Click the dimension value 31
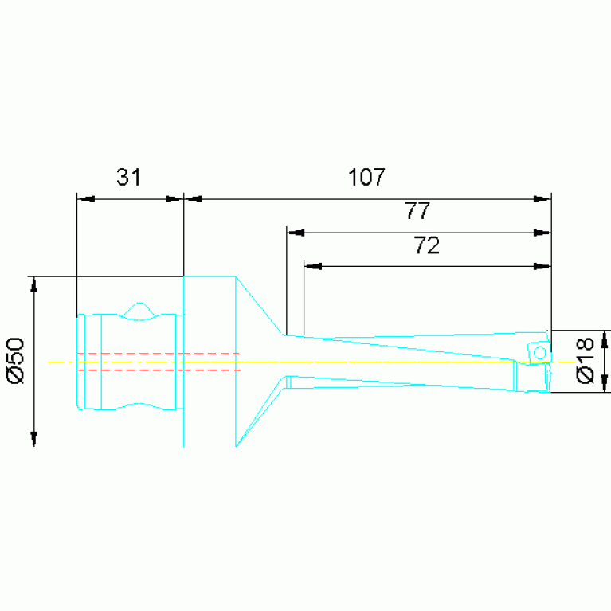pyautogui.click(x=128, y=177)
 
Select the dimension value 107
pyautogui.click(x=366, y=177)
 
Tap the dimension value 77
pyautogui.click(x=417, y=210)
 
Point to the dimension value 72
pyautogui.click(x=427, y=245)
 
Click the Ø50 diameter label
pyautogui.click(x=16, y=360)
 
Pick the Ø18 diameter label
pyautogui.click(x=585, y=360)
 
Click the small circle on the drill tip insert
pyautogui.click(x=539, y=353)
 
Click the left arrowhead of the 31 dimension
pyautogui.click(x=86, y=199)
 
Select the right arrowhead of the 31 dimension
pyautogui.click(x=174, y=199)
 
